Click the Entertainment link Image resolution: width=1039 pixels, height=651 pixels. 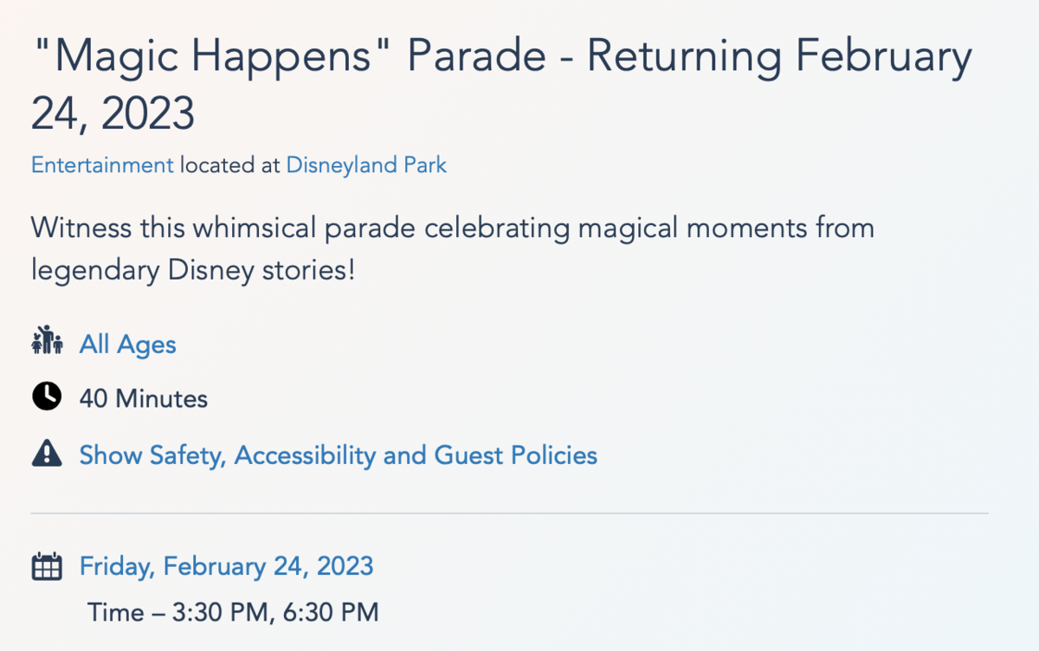click(x=102, y=165)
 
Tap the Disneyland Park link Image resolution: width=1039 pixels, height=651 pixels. click(x=366, y=166)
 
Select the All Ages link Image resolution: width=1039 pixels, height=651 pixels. click(x=127, y=345)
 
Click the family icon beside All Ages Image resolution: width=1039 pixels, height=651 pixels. click(x=47, y=340)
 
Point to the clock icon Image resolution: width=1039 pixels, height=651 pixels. click(x=47, y=396)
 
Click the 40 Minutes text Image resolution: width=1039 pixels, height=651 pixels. click(x=144, y=399)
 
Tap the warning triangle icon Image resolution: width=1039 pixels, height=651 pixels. click(x=47, y=453)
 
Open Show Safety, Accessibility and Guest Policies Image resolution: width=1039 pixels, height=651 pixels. click(x=339, y=455)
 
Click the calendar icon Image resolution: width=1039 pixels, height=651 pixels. click(x=47, y=566)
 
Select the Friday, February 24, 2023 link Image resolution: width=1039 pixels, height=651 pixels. click(x=226, y=567)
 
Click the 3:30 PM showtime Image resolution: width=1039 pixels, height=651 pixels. click(x=220, y=613)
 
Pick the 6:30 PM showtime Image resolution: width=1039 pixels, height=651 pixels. click(x=331, y=613)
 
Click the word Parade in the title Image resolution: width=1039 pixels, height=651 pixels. click(x=477, y=56)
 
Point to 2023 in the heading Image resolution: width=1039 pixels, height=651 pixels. click(x=147, y=113)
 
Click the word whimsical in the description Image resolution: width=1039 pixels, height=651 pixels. click(x=255, y=229)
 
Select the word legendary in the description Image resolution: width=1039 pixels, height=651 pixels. click(x=95, y=271)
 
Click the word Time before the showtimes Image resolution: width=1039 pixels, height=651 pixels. click(x=116, y=613)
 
